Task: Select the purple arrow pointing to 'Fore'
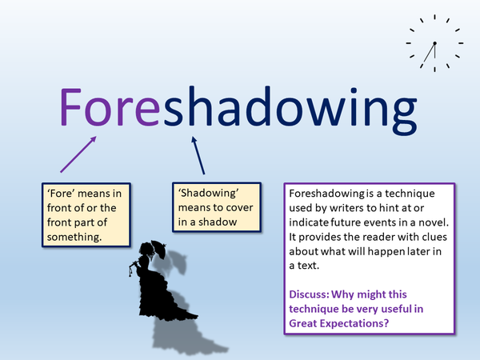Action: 78,154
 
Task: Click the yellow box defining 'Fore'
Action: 86,215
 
